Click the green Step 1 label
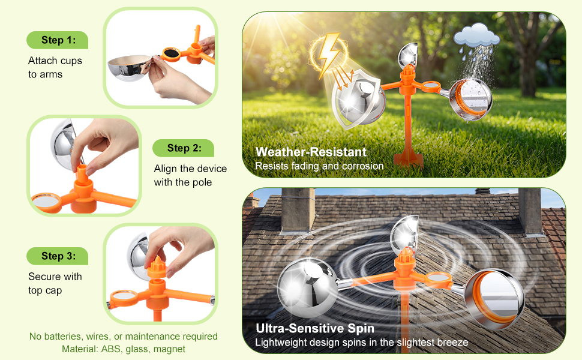[x=58, y=40]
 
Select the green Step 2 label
[x=184, y=148]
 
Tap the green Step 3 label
[x=58, y=256]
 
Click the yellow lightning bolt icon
[x=329, y=55]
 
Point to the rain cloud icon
[x=476, y=35]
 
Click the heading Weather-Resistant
[x=311, y=152]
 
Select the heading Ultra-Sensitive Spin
[x=315, y=328]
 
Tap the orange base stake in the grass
[x=408, y=158]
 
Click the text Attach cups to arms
[x=55, y=68]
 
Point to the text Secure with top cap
[x=55, y=284]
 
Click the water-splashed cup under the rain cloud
[x=470, y=100]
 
